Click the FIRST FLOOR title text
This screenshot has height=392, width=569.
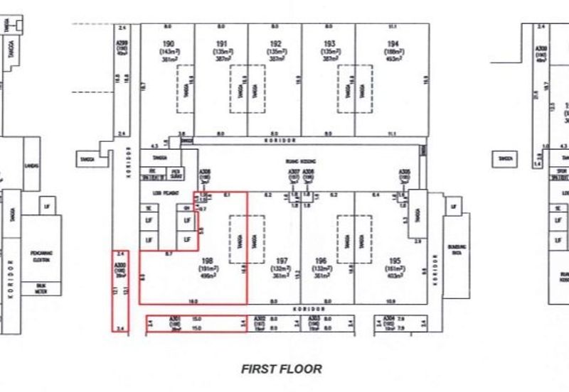tap(282, 369)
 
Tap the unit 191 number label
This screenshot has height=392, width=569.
tap(221, 44)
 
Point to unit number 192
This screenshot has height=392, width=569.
tap(275, 44)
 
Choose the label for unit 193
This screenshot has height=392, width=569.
tap(329, 44)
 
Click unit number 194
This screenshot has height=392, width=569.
tap(393, 44)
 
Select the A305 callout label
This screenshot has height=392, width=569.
tap(404, 172)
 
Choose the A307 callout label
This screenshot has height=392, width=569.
tap(294, 172)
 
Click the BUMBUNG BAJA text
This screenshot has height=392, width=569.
tap(456, 248)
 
